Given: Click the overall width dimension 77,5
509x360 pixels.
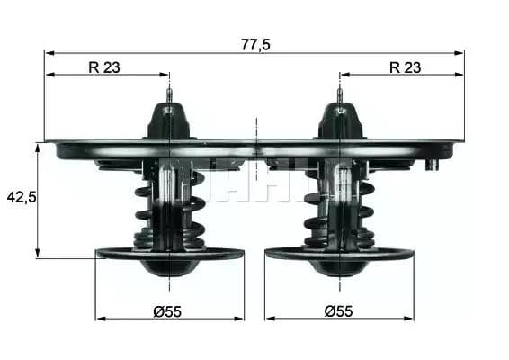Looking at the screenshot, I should [255, 42].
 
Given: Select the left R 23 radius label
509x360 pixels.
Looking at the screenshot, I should [103, 66].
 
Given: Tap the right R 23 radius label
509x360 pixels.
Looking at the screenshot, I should [405, 66].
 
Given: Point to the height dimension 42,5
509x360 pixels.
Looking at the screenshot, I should [20, 196].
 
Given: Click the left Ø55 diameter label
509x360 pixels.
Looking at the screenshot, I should [167, 310].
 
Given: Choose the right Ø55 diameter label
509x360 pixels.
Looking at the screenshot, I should [339, 310].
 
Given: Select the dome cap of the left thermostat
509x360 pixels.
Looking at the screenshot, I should [169, 121].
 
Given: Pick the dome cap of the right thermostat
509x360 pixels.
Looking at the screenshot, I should [339, 121].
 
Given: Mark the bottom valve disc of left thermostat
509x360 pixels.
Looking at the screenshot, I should [169, 254].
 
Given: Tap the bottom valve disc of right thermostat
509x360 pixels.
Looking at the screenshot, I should [339, 254].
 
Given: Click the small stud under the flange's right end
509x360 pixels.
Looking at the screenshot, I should [433, 164].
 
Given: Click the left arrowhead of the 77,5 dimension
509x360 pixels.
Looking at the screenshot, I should [49, 53].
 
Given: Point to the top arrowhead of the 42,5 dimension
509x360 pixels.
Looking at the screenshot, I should [38, 147].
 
